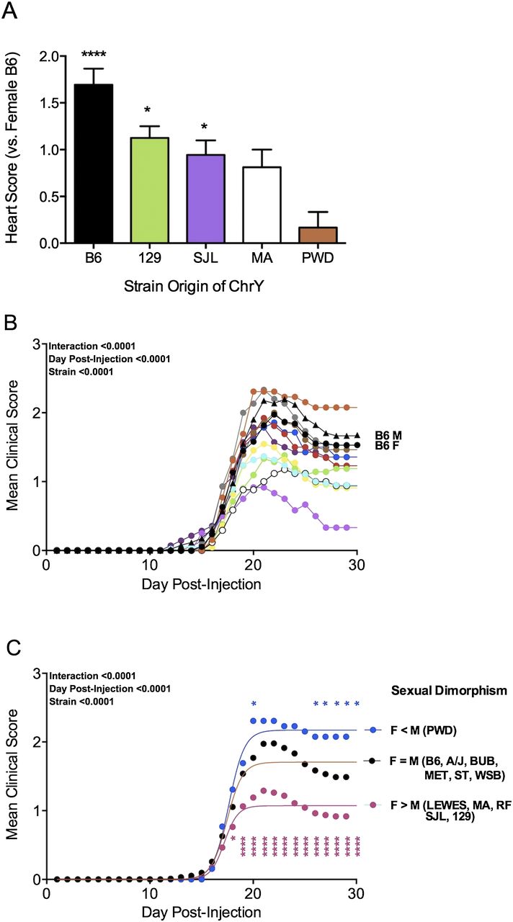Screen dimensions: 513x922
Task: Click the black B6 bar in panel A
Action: [94, 164]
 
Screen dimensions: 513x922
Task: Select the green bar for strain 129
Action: [149, 190]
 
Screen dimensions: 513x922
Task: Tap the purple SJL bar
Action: [205, 199]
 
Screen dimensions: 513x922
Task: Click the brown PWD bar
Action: [318, 235]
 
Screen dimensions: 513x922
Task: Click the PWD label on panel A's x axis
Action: [318, 258]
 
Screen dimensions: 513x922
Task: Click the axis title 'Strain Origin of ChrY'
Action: [194, 286]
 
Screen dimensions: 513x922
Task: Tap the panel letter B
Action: [10, 323]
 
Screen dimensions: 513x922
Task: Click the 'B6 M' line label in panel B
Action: [388, 436]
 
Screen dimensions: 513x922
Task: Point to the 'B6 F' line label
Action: [387, 445]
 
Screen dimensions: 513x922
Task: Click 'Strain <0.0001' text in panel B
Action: [81, 372]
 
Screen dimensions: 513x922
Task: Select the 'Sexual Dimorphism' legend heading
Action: [449, 690]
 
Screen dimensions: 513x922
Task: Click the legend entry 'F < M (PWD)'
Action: [424, 730]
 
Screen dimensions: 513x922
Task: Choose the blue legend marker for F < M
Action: [373, 730]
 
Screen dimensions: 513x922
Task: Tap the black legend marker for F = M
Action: [373, 761]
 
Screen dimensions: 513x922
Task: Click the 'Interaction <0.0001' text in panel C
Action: [92, 676]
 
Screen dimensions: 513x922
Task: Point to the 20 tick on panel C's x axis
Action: [253, 892]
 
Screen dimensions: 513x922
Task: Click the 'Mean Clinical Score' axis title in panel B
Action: [12, 445]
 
